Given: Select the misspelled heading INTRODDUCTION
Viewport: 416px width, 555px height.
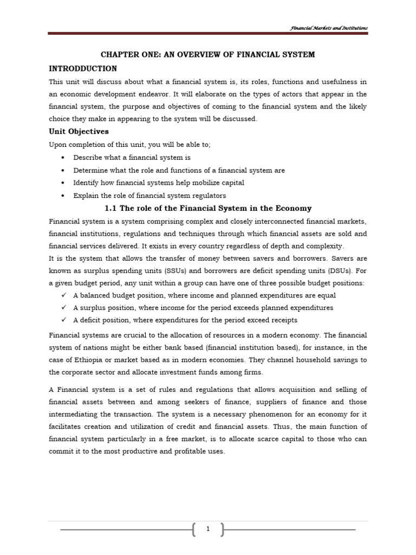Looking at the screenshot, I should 83,69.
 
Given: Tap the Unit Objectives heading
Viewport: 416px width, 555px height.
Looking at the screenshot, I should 79,132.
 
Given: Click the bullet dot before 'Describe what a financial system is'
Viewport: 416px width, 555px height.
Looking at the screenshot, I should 63,158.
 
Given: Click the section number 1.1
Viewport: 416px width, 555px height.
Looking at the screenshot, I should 110,209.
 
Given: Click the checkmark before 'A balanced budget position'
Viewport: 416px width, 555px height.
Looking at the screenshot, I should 63,295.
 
